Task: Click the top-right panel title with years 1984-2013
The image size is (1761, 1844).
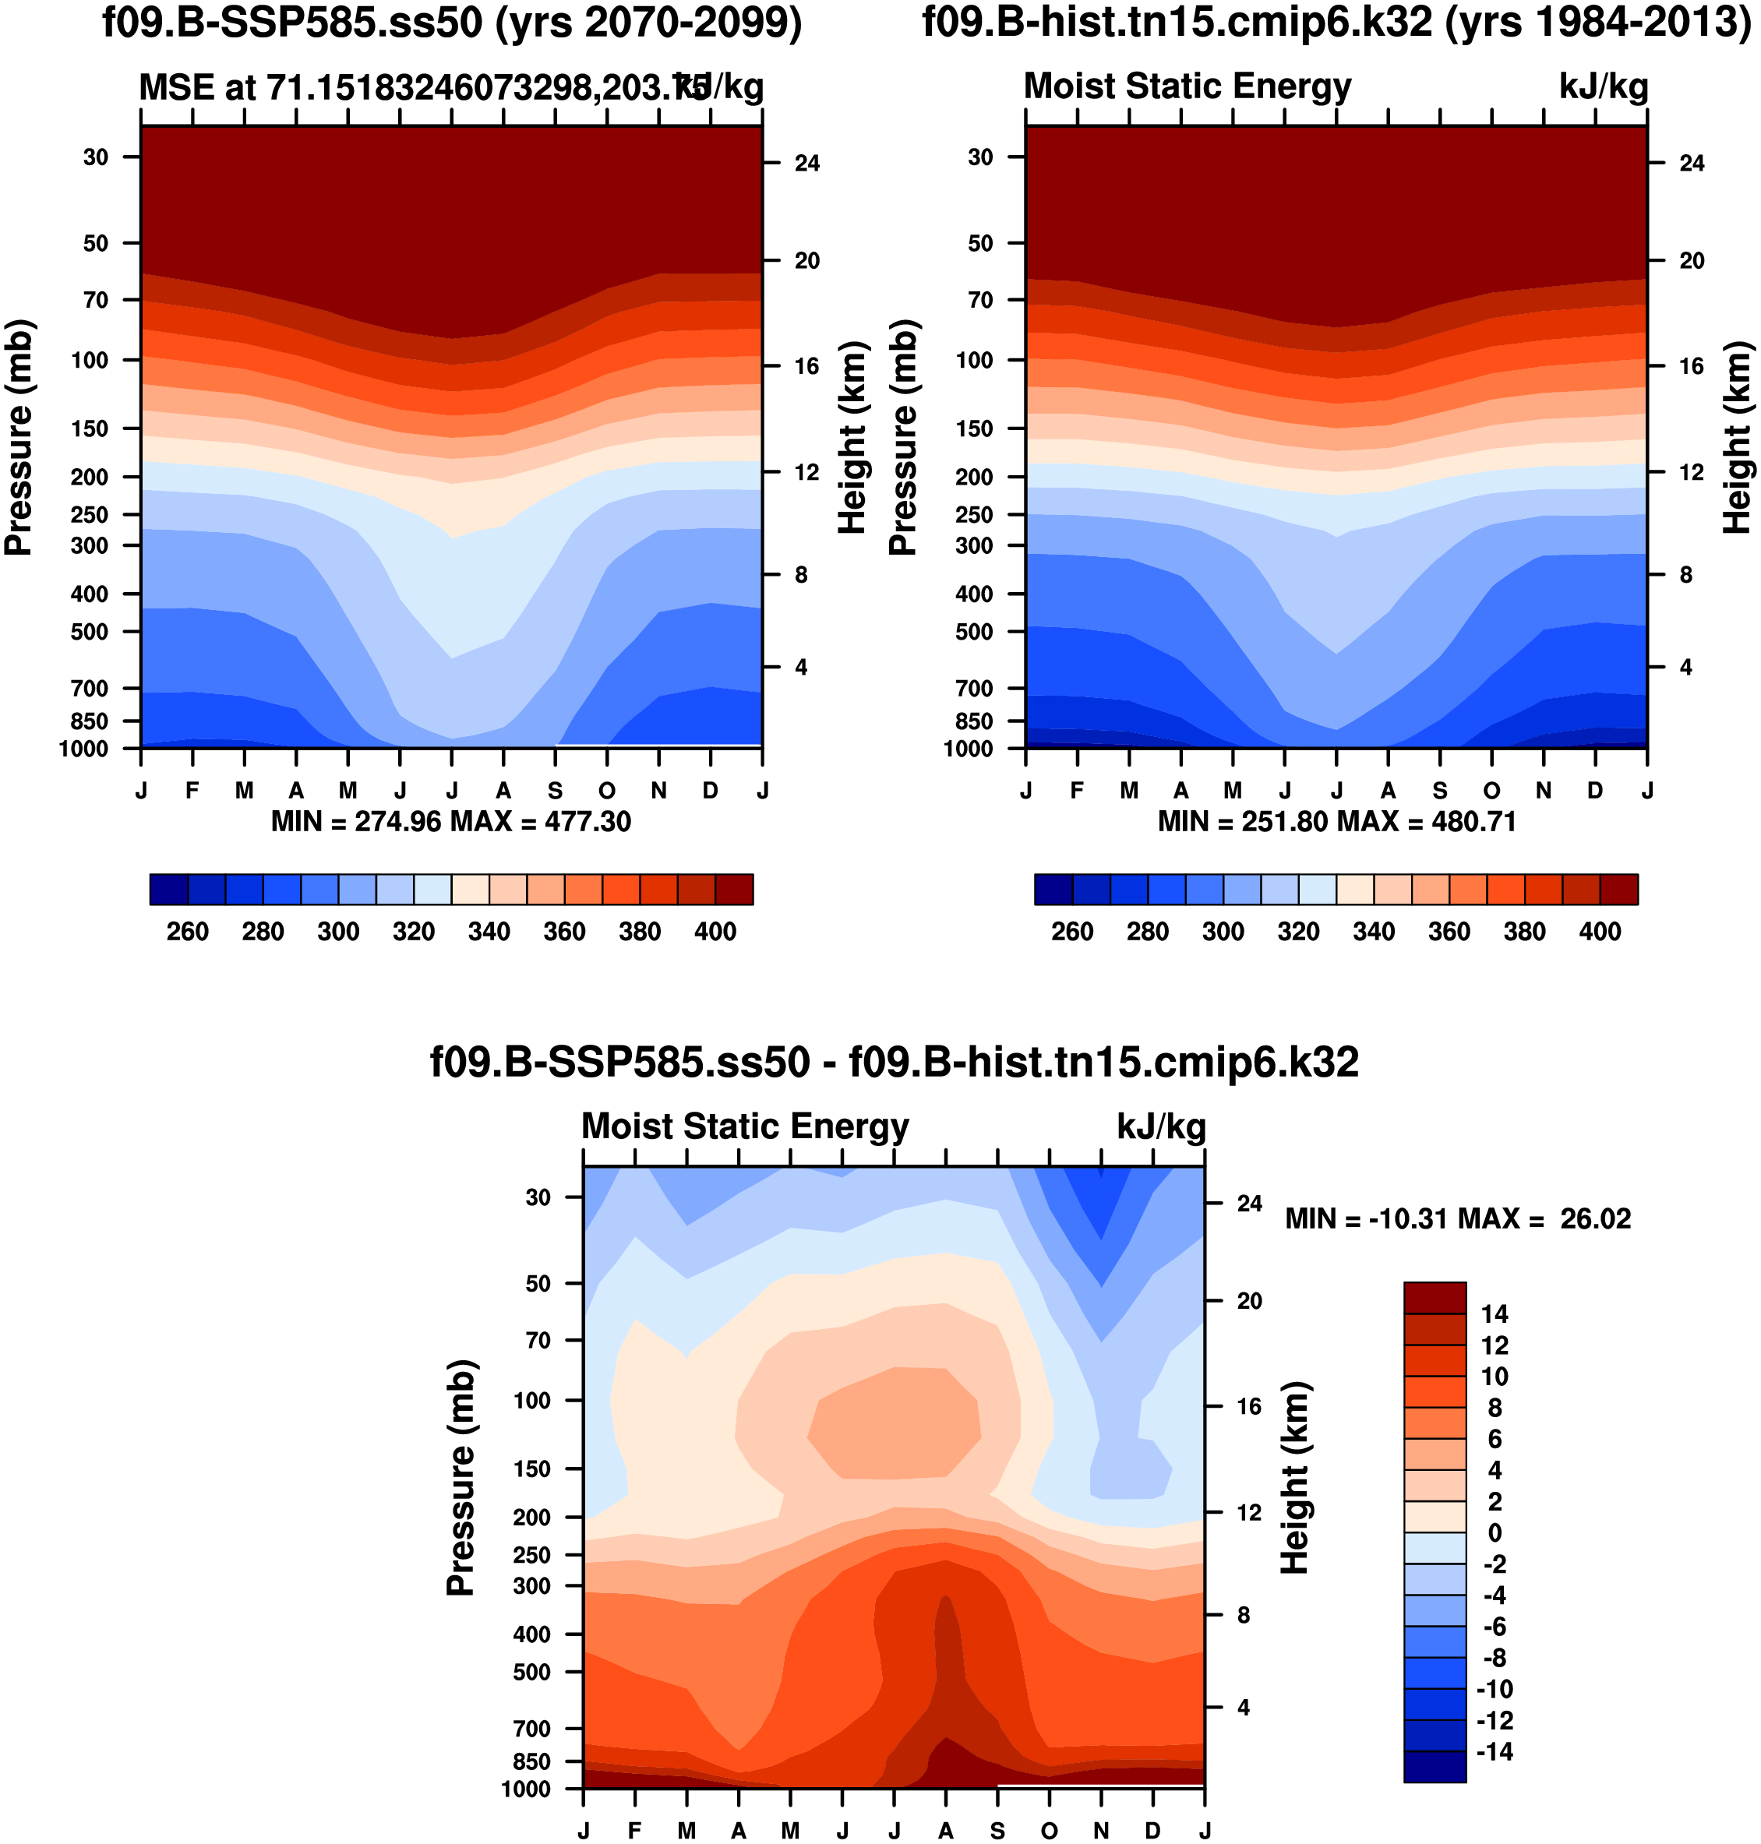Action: pyautogui.click(x=1336, y=23)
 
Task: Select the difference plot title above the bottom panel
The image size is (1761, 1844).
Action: pyautogui.click(x=894, y=1063)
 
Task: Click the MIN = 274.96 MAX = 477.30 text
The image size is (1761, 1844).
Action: pyautogui.click(x=450, y=822)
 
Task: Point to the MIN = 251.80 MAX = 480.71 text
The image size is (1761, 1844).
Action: pyautogui.click(x=1336, y=822)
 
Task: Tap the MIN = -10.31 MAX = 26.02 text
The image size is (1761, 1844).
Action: pyautogui.click(x=1458, y=1219)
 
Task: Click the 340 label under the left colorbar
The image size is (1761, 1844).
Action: pyautogui.click(x=489, y=932)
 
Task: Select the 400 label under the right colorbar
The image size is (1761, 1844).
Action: pyautogui.click(x=1600, y=932)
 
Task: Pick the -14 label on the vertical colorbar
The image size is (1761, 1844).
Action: pyautogui.click(x=1495, y=1752)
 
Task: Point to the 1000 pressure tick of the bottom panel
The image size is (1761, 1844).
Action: pyautogui.click(x=526, y=1789)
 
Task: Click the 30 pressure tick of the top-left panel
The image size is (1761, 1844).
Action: pyautogui.click(x=96, y=157)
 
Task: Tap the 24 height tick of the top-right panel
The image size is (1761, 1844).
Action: pyautogui.click(x=1692, y=164)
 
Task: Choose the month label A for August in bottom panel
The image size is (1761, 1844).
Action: pyautogui.click(x=945, y=1831)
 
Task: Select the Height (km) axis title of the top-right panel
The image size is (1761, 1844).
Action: pyautogui.click(x=1737, y=437)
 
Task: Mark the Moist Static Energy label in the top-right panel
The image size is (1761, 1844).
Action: pyautogui.click(x=1188, y=86)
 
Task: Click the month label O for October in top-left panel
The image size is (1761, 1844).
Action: pyautogui.click(x=607, y=791)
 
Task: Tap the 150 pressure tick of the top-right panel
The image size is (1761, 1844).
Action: pyautogui.click(x=974, y=428)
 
